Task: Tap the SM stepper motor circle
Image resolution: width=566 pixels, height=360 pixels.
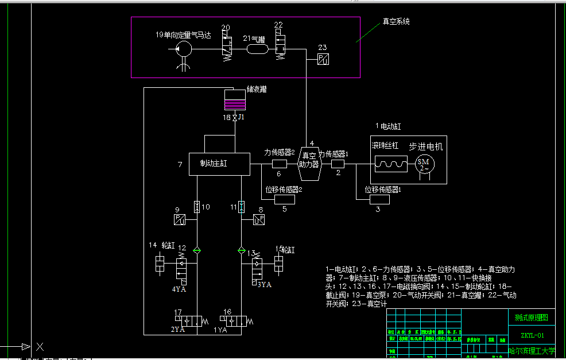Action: tap(424, 164)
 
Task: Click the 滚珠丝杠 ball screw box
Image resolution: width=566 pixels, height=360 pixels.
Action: tap(390, 164)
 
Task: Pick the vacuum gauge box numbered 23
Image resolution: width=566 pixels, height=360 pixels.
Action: tap(323, 60)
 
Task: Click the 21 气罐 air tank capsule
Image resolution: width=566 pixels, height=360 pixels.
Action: tap(258, 50)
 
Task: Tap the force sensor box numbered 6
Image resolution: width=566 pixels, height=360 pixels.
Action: tap(279, 164)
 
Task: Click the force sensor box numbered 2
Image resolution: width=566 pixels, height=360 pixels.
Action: tap(338, 164)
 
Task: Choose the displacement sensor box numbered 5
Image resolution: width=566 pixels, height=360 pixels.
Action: tap(285, 199)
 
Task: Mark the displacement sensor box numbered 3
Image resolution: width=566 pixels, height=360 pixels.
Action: tap(378, 199)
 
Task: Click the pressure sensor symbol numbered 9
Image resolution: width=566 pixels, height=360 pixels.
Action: tap(179, 219)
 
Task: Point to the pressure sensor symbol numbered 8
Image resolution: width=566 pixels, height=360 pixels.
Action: tap(258, 219)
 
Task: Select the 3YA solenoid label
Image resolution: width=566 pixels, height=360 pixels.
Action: tap(264, 284)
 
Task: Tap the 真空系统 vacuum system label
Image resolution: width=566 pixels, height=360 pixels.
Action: tap(396, 22)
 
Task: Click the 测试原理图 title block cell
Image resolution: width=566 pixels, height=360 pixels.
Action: tap(532, 317)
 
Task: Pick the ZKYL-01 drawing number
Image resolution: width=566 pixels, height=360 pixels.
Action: tap(532, 335)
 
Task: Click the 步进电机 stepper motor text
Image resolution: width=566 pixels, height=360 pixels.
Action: tap(425, 146)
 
